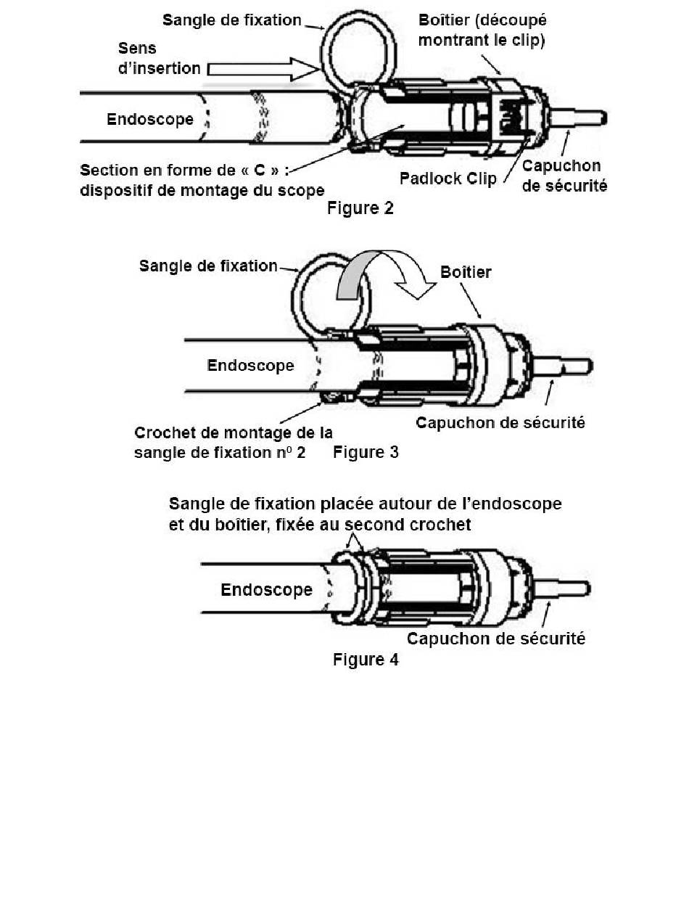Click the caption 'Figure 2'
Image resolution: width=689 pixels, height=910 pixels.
[360, 208]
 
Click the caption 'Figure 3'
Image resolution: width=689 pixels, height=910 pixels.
[366, 453]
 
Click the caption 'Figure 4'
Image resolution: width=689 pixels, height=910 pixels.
[366, 660]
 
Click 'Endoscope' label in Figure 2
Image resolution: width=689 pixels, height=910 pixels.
[150, 119]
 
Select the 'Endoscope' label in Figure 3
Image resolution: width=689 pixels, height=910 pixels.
[251, 365]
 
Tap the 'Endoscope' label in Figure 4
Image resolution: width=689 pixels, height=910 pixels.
[266, 589]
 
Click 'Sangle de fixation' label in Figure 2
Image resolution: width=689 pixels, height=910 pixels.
[232, 20]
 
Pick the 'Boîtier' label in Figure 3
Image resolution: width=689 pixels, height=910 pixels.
[466, 272]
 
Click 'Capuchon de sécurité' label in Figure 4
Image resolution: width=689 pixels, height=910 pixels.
[496, 639]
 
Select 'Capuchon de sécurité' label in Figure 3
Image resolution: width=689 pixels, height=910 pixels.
[500, 422]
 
